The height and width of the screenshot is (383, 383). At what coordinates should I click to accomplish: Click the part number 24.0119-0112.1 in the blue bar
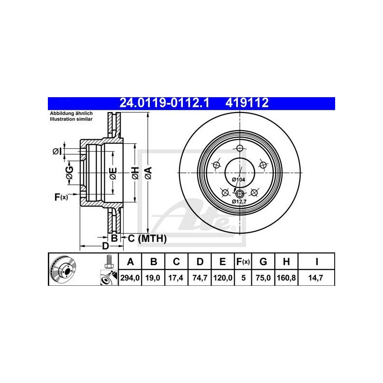(164, 103)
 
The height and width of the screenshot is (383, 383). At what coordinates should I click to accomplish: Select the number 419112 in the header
(247, 103)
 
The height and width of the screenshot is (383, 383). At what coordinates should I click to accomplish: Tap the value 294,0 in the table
(130, 278)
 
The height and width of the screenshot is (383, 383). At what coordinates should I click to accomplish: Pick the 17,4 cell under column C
(176, 278)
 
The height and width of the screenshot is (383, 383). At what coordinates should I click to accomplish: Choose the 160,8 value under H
(286, 278)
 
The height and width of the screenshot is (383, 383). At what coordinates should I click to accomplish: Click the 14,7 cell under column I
(315, 278)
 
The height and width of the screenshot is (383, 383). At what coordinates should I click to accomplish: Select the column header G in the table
(263, 261)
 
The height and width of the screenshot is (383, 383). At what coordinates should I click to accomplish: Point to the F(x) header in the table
(243, 261)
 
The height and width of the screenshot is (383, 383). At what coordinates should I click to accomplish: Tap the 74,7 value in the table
(200, 278)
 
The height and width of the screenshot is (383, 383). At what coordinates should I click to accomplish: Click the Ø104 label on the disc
(238, 180)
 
